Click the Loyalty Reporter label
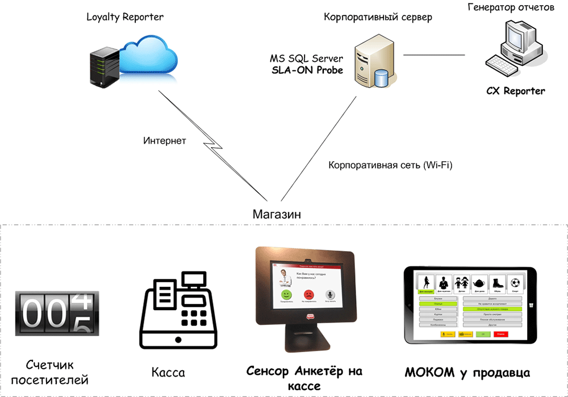pyautogui.click(x=125, y=17)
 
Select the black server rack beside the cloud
pyautogui.click(x=105, y=68)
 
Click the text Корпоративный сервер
pyautogui.click(x=378, y=18)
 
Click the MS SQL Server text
pyautogui.click(x=306, y=58)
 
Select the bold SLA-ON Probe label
pyautogui.click(x=306, y=70)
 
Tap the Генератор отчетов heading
pyautogui.click(x=511, y=7)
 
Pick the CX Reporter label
pyautogui.click(x=515, y=91)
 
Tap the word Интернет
pyautogui.click(x=164, y=140)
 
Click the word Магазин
pyautogui.click(x=277, y=214)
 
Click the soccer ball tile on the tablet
pyautogui.click(x=516, y=282)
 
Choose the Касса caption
pyautogui.click(x=168, y=373)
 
